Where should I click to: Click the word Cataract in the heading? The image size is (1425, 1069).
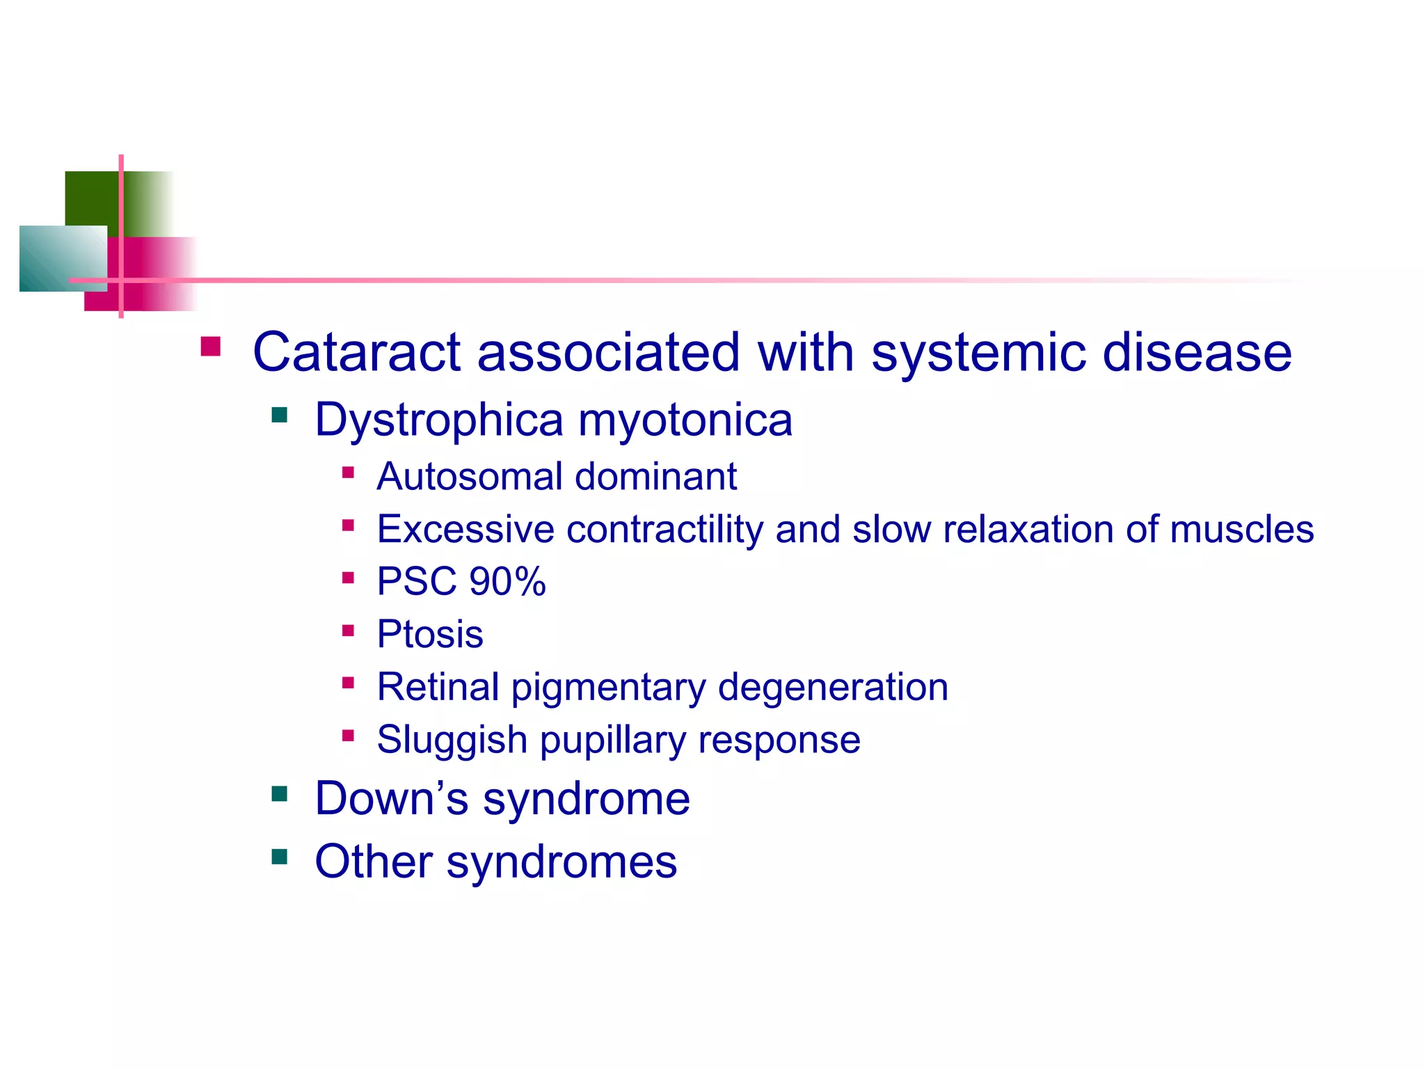[356, 352]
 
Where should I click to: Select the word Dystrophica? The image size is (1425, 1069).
[438, 420]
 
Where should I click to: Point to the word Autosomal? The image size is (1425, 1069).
[469, 477]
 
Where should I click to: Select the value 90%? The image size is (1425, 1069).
[507, 582]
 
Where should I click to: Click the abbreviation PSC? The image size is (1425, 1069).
[416, 582]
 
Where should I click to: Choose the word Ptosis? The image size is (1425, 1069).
[429, 634]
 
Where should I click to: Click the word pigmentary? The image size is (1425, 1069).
[608, 688]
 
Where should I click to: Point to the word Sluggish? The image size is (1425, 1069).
[452, 740]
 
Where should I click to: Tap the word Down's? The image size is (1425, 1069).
[391, 798]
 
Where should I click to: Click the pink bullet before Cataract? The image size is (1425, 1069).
[210, 347]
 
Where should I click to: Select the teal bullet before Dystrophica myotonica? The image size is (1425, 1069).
[280, 415]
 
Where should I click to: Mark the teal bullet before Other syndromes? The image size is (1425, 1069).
[280, 856]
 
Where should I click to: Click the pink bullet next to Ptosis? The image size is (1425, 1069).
[349, 631]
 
